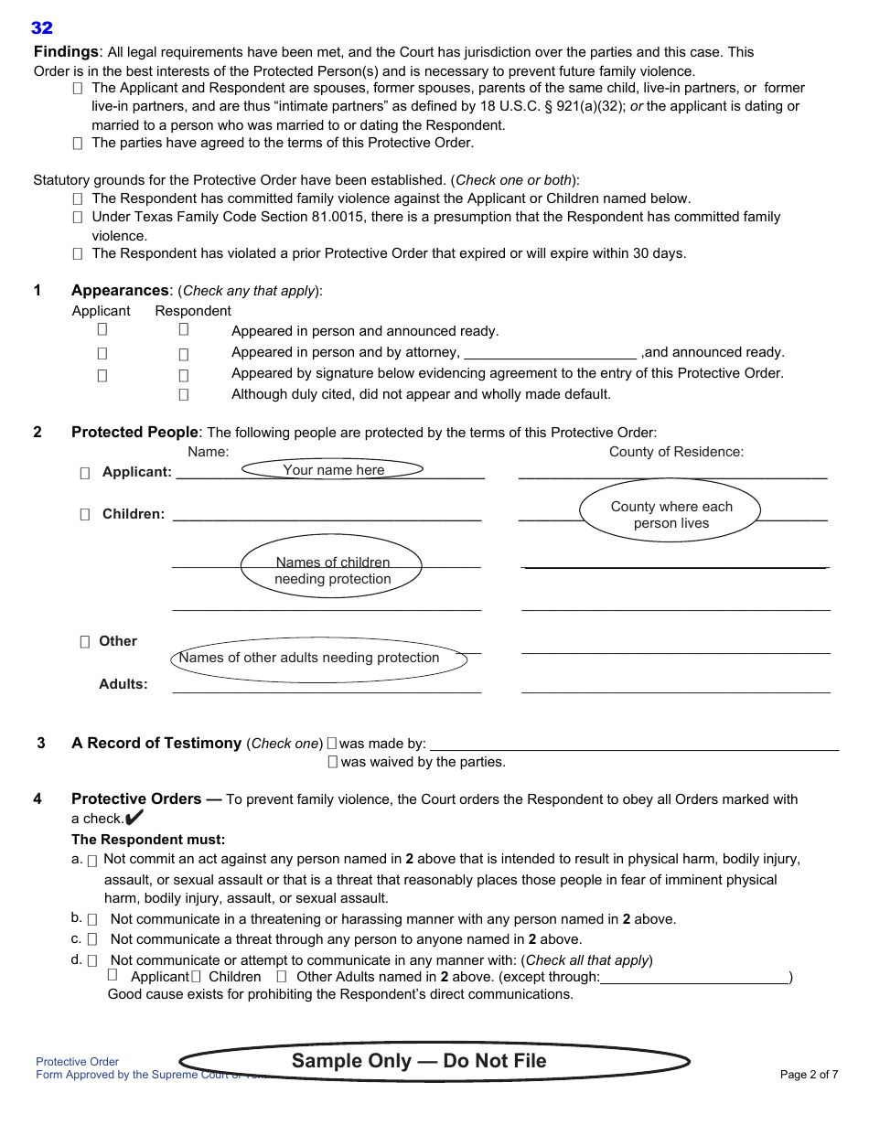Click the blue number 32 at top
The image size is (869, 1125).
[42, 28]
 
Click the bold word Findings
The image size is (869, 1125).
[66, 52]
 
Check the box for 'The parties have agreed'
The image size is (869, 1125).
[78, 144]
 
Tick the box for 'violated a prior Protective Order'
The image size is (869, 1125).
[78, 254]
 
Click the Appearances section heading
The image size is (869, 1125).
[120, 291]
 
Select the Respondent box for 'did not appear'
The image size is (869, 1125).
[184, 395]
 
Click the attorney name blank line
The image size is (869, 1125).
[550, 354]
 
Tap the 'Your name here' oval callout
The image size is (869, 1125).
[333, 469]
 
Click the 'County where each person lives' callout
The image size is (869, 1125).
[671, 515]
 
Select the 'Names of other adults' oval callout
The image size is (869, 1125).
[319, 659]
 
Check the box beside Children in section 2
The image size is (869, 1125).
[85, 515]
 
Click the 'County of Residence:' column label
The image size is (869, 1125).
[676, 452]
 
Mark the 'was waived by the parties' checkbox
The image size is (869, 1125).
[333, 762]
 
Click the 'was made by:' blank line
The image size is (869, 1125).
[633, 745]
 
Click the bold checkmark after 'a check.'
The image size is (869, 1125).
[134, 818]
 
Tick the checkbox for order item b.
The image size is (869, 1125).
[92, 920]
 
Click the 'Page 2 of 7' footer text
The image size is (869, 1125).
[809, 1075]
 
